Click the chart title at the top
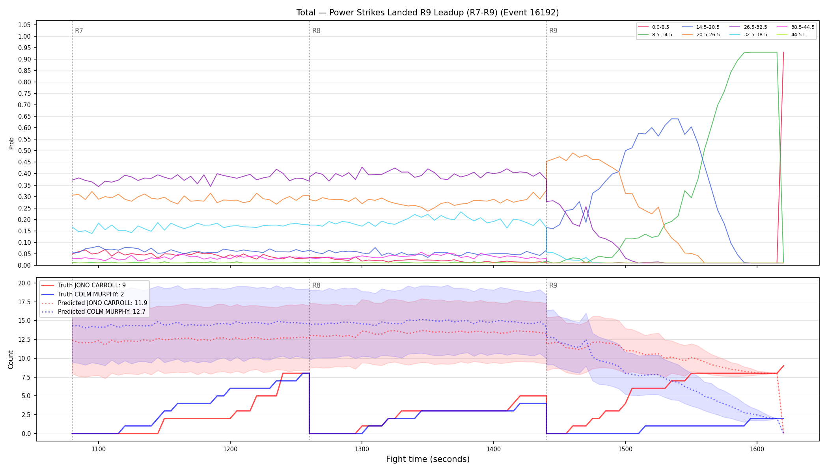click(427, 13)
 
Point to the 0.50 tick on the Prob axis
click(24, 151)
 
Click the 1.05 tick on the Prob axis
click(24, 25)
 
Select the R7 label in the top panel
click(79, 31)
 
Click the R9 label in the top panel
click(553, 31)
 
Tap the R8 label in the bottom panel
click(316, 285)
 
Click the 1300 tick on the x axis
click(362, 449)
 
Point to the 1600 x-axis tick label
click(757, 449)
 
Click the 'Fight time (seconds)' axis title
click(428, 459)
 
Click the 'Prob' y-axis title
click(11, 143)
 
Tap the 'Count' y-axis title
click(11, 359)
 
